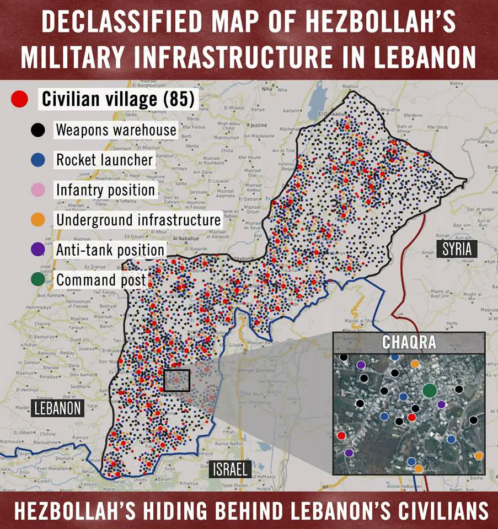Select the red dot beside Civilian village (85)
tap(20, 100)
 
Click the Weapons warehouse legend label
tap(116, 130)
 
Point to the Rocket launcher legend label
tap(104, 160)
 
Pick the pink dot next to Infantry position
tap(38, 190)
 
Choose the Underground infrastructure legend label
tap(138, 220)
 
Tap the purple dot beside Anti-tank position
tap(38, 250)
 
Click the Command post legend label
tap(101, 279)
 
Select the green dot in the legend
tap(38, 279)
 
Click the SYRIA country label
tap(457, 249)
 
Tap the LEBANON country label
tap(57, 408)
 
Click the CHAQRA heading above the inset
tap(409, 342)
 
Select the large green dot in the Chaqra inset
tap(430, 391)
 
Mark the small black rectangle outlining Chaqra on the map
tap(177, 380)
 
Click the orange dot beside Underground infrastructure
tap(38, 220)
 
